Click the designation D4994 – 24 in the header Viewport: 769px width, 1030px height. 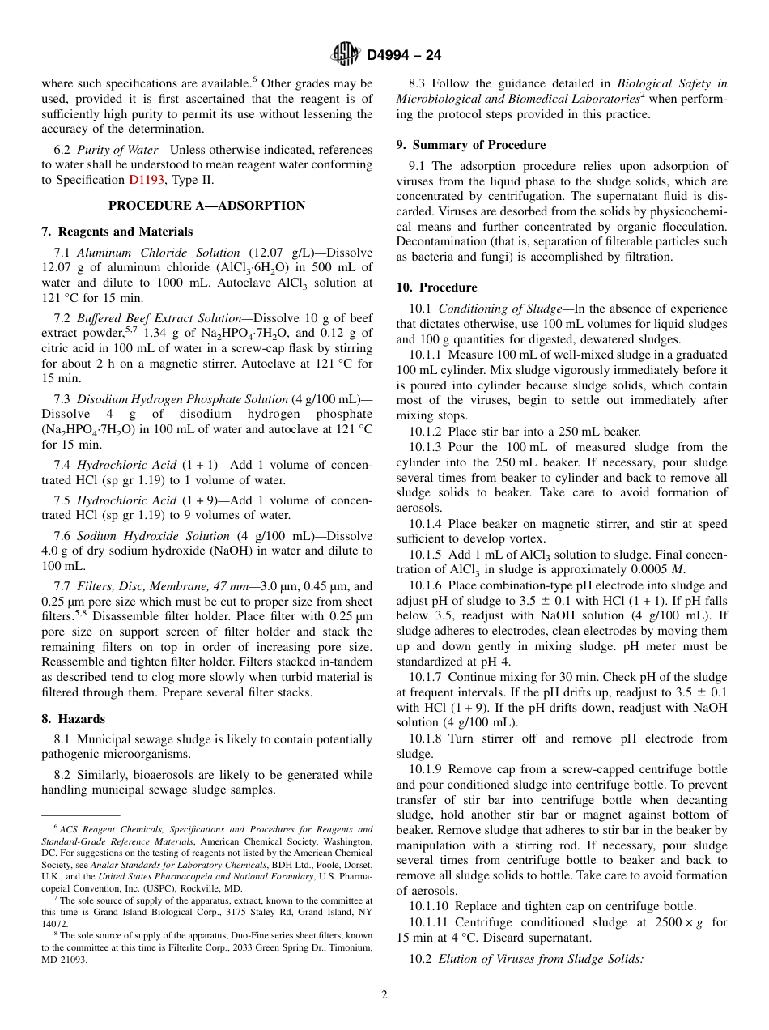(x=404, y=55)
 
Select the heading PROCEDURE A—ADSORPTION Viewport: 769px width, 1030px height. (x=206, y=206)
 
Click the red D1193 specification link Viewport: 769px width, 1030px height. (x=146, y=180)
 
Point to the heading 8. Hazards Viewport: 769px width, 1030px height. (x=73, y=718)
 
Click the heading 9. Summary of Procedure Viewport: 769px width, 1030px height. (x=470, y=145)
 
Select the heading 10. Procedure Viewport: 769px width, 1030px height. (x=436, y=287)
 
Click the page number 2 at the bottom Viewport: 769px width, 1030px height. (x=384, y=994)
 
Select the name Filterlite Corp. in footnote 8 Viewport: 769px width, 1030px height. (x=201, y=947)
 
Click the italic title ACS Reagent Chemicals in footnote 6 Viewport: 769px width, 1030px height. (x=105, y=829)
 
